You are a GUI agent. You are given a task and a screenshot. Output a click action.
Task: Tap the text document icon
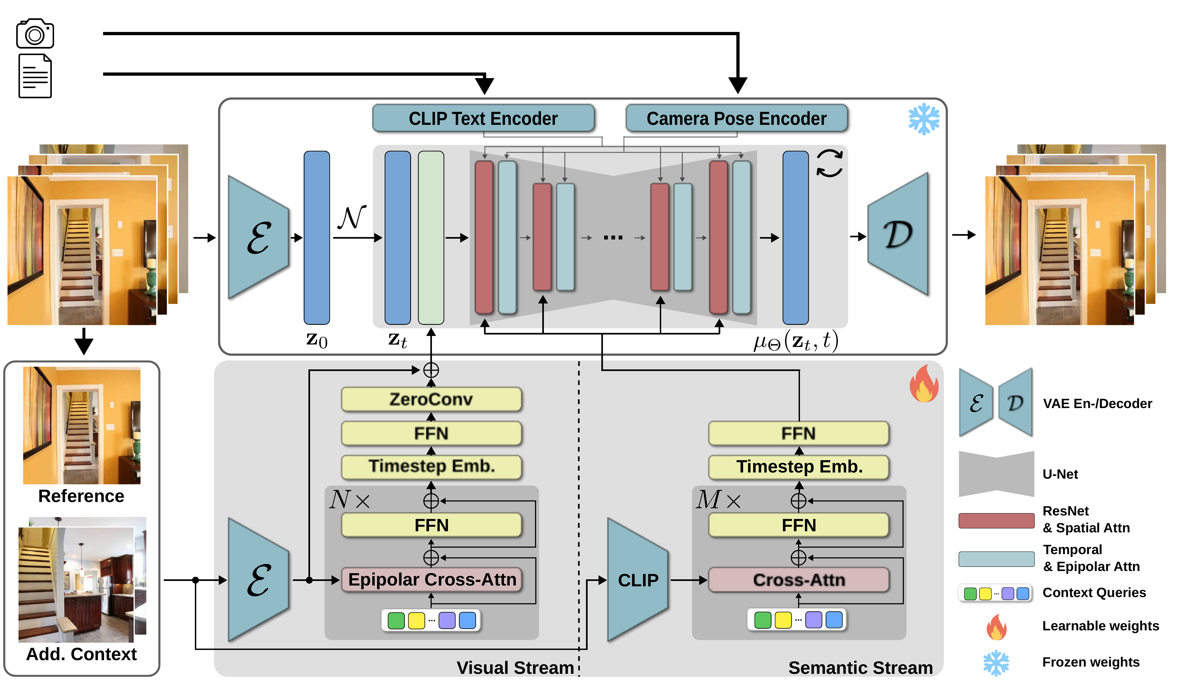(35, 76)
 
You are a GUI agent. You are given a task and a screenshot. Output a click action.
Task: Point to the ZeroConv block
(431, 399)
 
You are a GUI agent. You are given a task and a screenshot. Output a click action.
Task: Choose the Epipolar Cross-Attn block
(432, 580)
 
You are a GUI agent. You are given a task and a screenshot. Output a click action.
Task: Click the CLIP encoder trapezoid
(637, 580)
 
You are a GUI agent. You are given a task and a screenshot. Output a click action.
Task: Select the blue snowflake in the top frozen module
(923, 119)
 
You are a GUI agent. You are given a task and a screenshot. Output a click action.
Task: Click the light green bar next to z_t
(431, 237)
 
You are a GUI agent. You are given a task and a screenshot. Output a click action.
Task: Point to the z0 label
(316, 340)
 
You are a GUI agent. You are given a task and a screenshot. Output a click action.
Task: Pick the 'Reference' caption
(81, 496)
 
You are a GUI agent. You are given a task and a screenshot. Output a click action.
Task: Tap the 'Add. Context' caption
(81, 654)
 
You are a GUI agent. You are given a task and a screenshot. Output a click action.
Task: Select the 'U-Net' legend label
(1060, 474)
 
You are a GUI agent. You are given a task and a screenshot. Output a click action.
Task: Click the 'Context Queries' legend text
(1094, 593)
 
